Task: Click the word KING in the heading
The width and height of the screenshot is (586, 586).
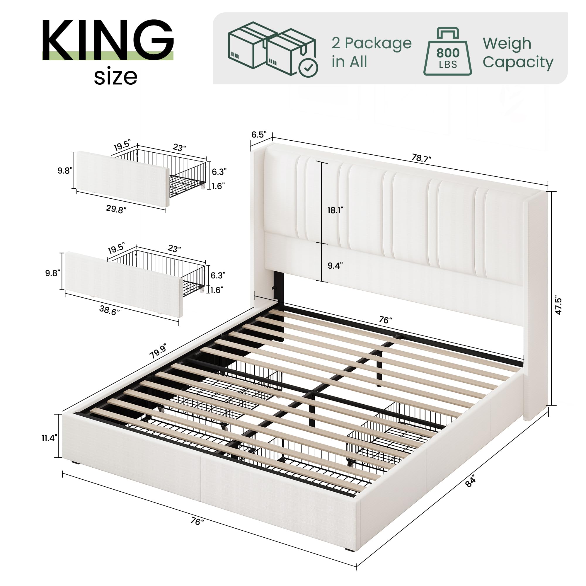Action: (108, 40)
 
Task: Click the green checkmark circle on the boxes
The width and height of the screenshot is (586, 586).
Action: (308, 68)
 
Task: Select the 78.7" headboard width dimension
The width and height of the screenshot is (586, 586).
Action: (421, 158)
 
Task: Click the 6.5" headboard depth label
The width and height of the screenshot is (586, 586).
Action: (259, 134)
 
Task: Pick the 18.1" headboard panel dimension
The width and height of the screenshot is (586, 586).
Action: (335, 210)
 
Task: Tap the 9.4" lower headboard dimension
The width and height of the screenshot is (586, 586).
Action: (335, 266)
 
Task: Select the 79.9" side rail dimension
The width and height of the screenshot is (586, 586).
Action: (158, 352)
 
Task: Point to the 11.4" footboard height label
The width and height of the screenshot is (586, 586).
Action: (50, 438)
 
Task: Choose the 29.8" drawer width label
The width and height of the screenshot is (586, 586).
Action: (116, 209)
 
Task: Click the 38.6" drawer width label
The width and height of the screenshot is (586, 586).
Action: (109, 310)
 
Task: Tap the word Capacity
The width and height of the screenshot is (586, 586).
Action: (518, 62)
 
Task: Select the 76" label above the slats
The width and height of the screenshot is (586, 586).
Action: (385, 320)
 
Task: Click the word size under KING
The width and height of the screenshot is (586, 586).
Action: (115, 77)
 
